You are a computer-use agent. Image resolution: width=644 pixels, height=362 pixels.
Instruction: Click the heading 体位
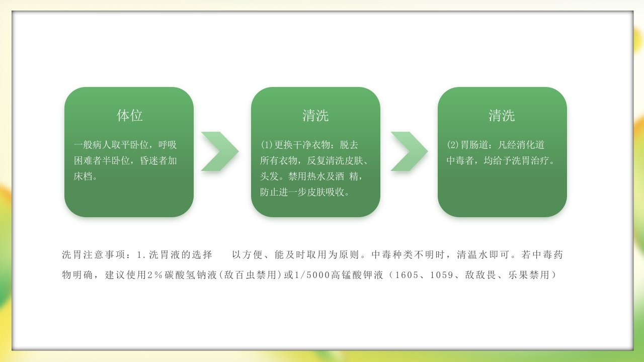(x=130, y=116)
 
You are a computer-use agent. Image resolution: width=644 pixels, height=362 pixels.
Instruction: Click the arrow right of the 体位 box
(x=219, y=151)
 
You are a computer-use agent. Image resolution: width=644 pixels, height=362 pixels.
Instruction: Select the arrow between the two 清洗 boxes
(x=409, y=151)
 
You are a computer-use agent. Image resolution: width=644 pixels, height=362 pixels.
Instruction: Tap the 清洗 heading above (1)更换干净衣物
(x=315, y=116)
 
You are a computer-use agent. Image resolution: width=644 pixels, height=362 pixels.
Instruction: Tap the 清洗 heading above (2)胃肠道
(x=502, y=116)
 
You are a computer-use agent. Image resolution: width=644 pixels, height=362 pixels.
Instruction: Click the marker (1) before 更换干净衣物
(x=266, y=145)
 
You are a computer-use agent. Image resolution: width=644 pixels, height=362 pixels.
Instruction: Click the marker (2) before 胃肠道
(x=452, y=145)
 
